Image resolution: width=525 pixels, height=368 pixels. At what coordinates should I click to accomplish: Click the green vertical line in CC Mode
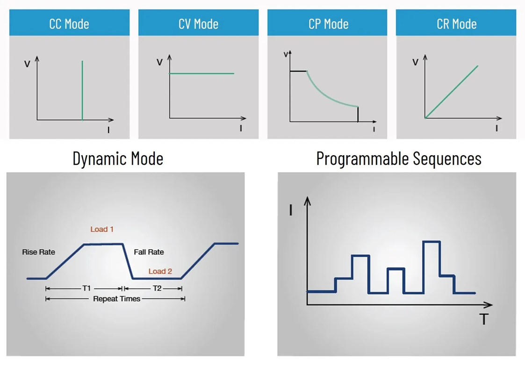pyautogui.click(x=82, y=90)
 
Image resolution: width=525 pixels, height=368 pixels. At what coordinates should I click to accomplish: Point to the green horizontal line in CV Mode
pyautogui.click(x=201, y=73)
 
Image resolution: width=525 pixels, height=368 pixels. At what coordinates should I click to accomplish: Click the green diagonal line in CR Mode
pyautogui.click(x=451, y=92)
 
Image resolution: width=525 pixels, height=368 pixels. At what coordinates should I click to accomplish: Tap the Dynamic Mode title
pyautogui.click(x=118, y=159)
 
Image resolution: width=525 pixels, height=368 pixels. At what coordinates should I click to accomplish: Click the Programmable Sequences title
pyautogui.click(x=399, y=159)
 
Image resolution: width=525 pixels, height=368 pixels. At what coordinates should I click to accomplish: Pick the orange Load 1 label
pyautogui.click(x=102, y=230)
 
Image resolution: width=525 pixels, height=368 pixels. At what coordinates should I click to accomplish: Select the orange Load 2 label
pyautogui.click(x=160, y=271)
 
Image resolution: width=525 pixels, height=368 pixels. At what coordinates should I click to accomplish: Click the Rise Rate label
pyautogui.click(x=38, y=252)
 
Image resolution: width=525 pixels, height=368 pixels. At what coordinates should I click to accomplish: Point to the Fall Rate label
pyautogui.click(x=149, y=252)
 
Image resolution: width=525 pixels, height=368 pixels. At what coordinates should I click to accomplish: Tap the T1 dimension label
pyautogui.click(x=86, y=289)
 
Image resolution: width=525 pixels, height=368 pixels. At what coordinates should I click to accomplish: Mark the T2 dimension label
pyautogui.click(x=157, y=289)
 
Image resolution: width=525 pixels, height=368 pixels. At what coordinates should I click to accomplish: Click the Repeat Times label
pyautogui.click(x=116, y=299)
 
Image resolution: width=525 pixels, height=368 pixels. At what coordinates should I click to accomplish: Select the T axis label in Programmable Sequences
pyautogui.click(x=484, y=319)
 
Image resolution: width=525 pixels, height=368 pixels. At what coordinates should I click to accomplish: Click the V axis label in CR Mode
pyautogui.click(x=415, y=62)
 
